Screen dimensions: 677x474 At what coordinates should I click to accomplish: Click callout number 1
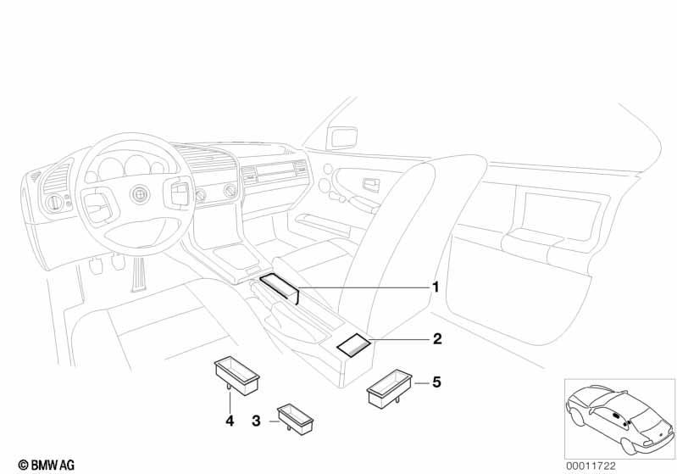[436, 287]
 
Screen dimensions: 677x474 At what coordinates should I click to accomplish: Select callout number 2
[437, 339]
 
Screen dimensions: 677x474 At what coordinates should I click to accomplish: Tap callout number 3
[256, 421]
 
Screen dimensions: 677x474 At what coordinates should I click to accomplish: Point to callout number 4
[230, 421]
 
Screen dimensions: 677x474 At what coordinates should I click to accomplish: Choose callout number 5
[437, 382]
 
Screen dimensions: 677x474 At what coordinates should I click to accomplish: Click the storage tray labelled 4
[237, 376]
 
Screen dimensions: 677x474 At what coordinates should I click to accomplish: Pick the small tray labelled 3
[296, 419]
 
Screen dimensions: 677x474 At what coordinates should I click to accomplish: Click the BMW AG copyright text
[47, 465]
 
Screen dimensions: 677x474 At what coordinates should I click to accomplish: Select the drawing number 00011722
[591, 466]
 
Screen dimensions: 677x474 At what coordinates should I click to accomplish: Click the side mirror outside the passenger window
[342, 137]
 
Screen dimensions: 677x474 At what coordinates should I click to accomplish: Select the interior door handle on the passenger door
[371, 185]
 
